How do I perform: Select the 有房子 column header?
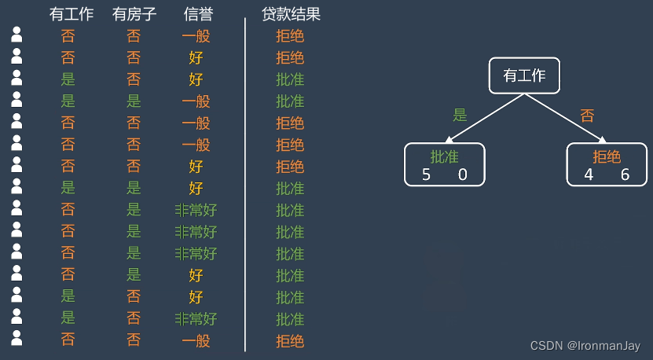134,14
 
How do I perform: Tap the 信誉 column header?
196,14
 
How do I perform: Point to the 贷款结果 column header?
291,14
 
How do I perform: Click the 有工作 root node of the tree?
524,75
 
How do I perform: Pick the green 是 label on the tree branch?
460,115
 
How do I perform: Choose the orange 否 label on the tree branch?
587,116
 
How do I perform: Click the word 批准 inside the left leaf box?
444,156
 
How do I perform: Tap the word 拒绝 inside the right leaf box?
607,156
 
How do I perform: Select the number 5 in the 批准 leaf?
426,174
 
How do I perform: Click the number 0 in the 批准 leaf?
462,174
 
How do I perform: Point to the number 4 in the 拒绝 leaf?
589,174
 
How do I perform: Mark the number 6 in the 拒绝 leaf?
625,174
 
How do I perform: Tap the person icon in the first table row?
17,35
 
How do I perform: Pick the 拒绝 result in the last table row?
290,341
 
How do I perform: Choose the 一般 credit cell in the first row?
196,35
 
